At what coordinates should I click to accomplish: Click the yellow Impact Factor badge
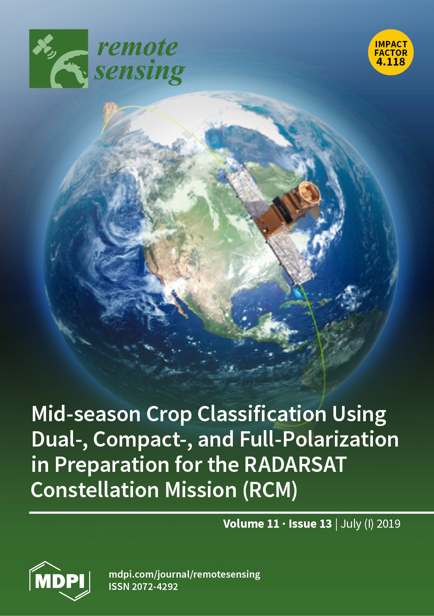[x=391, y=52]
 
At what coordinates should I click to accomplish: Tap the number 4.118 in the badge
[x=391, y=62]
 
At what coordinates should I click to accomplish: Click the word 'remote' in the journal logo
[x=137, y=47]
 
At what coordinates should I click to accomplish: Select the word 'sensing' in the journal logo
[x=139, y=72]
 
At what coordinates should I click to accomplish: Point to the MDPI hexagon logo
[x=60, y=581]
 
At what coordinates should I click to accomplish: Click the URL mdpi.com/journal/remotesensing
[x=184, y=574]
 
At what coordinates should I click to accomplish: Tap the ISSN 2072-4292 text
[x=143, y=587]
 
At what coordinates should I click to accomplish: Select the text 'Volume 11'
[x=251, y=524]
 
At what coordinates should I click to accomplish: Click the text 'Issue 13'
[x=310, y=524]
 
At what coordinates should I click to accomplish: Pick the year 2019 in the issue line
[x=388, y=524]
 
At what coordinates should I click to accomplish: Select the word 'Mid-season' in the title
[x=86, y=414]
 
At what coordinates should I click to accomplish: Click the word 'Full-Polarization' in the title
[x=319, y=439]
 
